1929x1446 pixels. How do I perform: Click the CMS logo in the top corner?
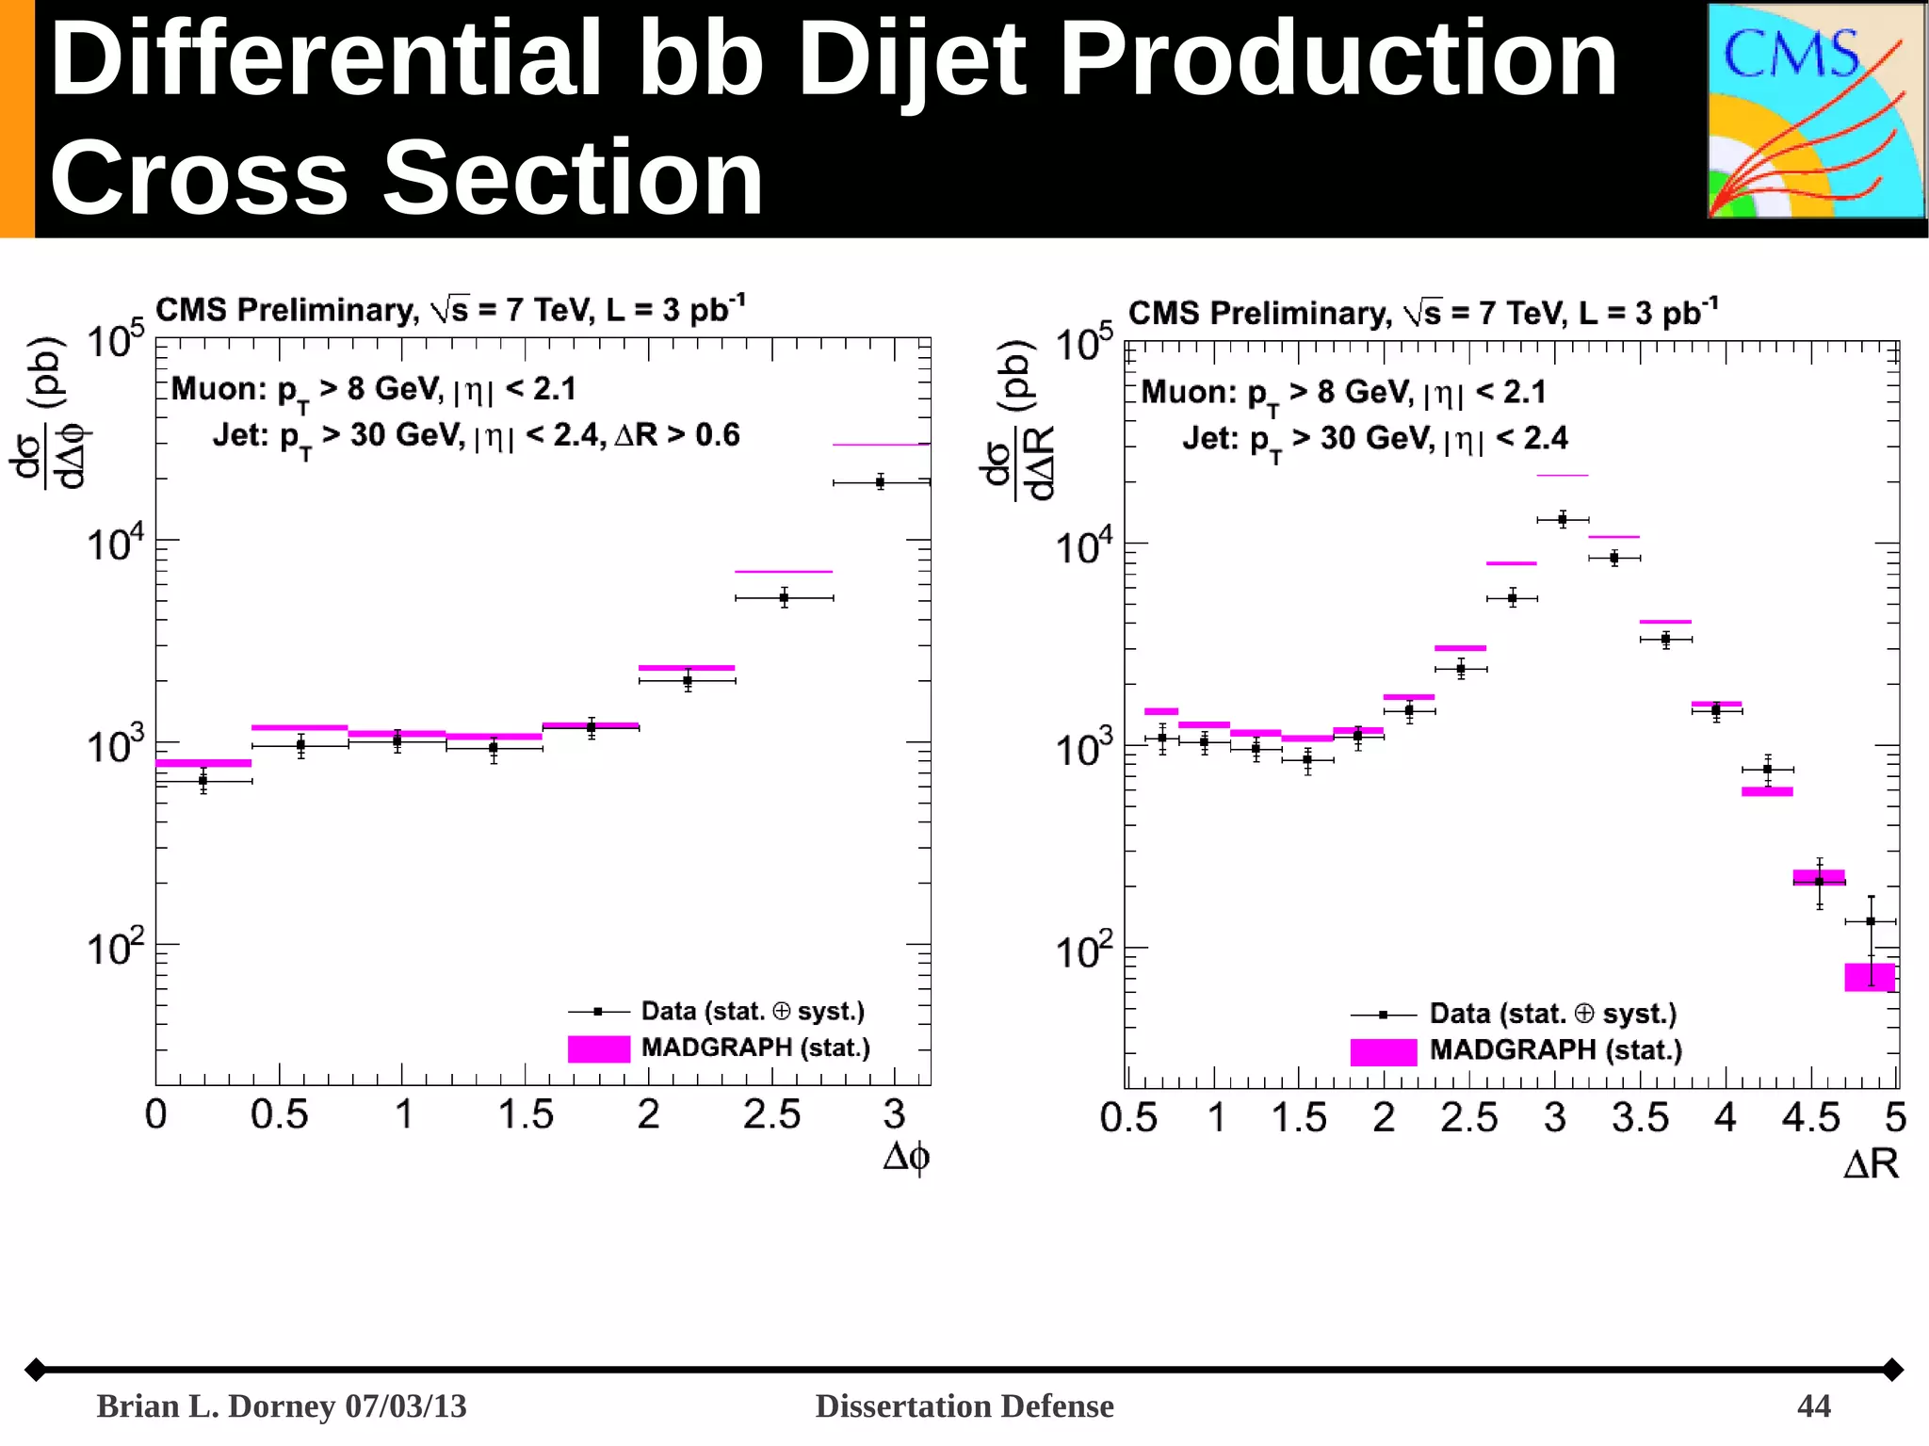click(x=1815, y=111)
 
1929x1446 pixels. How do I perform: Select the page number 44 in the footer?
click(x=1813, y=1405)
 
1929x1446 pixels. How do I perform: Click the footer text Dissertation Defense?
click(x=964, y=1405)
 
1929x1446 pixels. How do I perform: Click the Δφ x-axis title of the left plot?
click(x=906, y=1156)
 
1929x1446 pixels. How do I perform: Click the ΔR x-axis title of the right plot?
click(x=1871, y=1164)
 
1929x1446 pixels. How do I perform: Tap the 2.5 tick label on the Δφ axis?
click(x=771, y=1114)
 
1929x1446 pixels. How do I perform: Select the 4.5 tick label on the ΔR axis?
click(x=1809, y=1117)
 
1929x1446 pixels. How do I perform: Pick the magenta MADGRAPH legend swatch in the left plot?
click(x=598, y=1048)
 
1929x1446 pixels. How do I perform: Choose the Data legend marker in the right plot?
click(x=1383, y=1015)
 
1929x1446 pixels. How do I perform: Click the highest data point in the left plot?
click(x=880, y=482)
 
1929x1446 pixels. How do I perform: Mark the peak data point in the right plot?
click(x=1562, y=519)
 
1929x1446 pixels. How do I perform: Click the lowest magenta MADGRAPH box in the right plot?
click(x=1869, y=977)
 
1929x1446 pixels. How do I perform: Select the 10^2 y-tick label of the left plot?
click(x=115, y=947)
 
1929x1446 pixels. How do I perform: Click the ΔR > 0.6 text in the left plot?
click(x=677, y=435)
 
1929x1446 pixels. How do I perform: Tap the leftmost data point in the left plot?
click(x=203, y=780)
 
